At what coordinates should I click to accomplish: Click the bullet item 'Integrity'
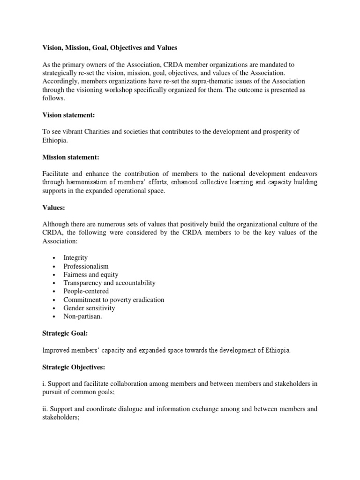[x=75, y=258]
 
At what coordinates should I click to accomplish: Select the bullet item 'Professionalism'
[x=86, y=266]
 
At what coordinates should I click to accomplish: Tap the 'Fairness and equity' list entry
[x=91, y=275]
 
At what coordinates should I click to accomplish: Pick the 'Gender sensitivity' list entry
[x=89, y=308]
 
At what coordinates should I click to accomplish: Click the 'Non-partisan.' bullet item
[x=82, y=316]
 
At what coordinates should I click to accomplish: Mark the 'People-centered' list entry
[x=86, y=292]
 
